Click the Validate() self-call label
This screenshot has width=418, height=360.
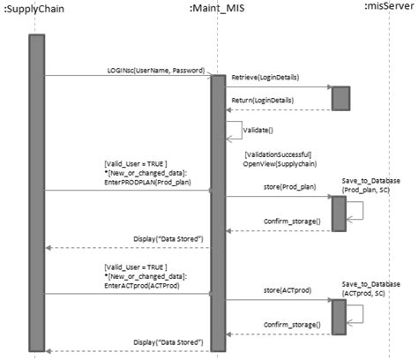coord(257,130)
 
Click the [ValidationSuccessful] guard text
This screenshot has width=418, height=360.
coord(281,155)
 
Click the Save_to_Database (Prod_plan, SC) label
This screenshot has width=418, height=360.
coord(370,185)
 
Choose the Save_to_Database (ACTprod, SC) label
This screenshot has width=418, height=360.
coord(370,289)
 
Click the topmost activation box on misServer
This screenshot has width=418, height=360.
coord(340,98)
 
